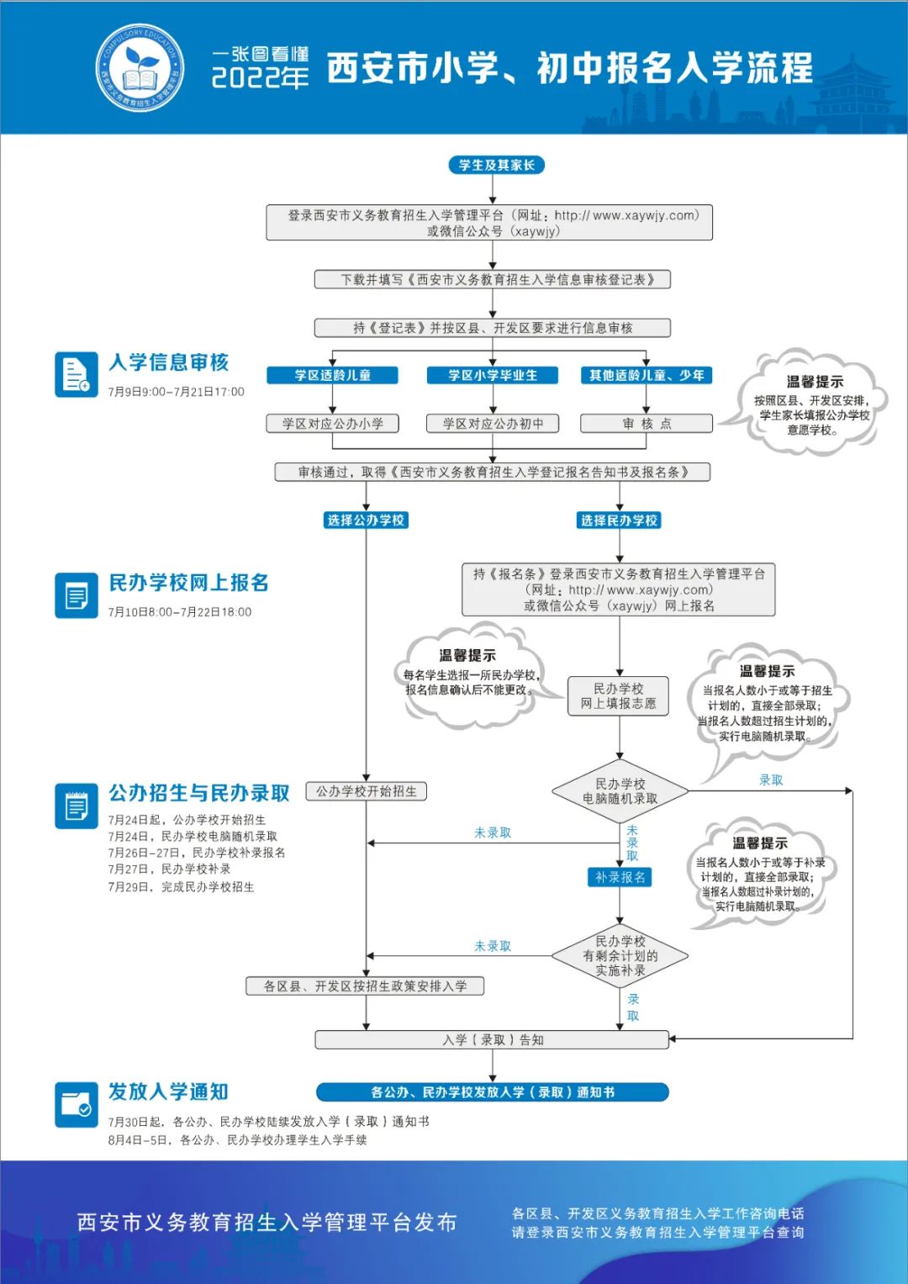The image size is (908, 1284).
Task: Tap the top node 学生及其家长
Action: click(496, 165)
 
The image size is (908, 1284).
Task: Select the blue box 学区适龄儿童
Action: click(333, 375)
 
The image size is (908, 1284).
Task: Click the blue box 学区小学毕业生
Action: click(493, 375)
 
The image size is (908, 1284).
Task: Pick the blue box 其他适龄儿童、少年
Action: click(647, 375)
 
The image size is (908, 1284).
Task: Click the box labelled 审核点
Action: click(647, 424)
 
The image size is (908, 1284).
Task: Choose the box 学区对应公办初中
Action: click(493, 424)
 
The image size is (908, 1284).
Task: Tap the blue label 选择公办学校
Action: click(366, 520)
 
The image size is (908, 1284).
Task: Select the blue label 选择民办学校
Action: click(619, 520)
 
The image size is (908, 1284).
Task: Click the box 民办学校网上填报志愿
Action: click(619, 696)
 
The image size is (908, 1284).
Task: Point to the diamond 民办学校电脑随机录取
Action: click(620, 791)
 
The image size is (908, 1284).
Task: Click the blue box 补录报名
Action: click(620, 877)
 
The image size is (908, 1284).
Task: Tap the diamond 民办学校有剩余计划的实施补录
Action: click(620, 956)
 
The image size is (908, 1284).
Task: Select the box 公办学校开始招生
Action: click(367, 791)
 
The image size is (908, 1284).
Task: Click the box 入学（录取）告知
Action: click(493, 1040)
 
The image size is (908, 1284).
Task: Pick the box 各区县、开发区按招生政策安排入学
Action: click(365, 986)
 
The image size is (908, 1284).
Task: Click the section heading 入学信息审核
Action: click(169, 362)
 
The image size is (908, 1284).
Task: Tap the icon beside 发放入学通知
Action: click(77, 1104)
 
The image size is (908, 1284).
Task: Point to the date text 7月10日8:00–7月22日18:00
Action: click(180, 612)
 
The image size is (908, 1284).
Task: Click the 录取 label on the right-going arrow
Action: click(771, 780)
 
